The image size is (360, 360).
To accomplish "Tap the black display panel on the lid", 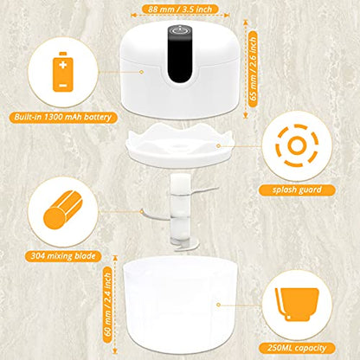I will coord(180,60).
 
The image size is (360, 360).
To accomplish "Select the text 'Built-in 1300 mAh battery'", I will coord(63,116).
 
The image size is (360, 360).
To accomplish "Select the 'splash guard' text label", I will coord(297,189).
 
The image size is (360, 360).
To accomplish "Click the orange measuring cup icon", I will coord(297,299).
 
